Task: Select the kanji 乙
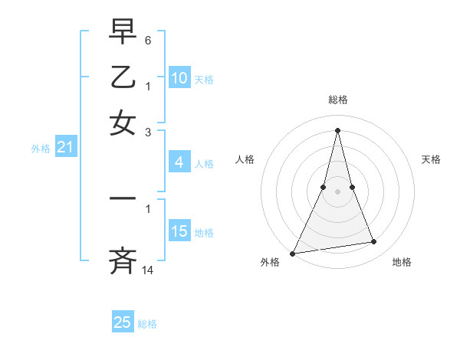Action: pos(123,77)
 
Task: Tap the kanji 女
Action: pos(123,122)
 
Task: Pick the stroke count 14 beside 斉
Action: pos(148,270)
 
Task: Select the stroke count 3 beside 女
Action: pos(148,131)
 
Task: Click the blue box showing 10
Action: pos(179,78)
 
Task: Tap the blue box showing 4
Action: pos(179,162)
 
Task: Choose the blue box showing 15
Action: pos(179,231)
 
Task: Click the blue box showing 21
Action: pos(65,148)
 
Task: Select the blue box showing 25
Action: pos(123,322)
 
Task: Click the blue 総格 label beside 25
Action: pos(147,324)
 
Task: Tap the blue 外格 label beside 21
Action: pos(40,149)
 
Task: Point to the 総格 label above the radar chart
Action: pos(338,100)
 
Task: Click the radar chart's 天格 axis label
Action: pos(432,159)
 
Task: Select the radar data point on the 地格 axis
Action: pos(374,242)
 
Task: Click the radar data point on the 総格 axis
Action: pos(338,130)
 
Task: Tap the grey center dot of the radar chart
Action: pos(338,191)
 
